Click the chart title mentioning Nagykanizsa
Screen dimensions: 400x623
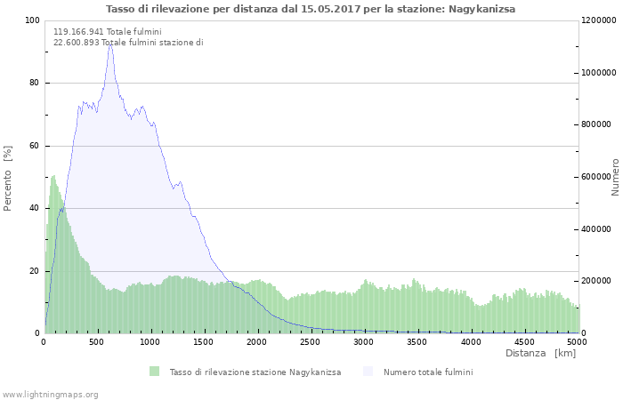click(x=310, y=9)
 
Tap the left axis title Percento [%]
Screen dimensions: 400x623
click(x=8, y=177)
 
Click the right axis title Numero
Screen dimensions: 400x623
click(x=614, y=177)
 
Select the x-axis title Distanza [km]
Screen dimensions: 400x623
click(x=540, y=353)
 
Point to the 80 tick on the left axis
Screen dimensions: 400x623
click(x=34, y=84)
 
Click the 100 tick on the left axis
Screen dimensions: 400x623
click(x=32, y=20)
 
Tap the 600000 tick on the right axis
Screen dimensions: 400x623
click(x=596, y=177)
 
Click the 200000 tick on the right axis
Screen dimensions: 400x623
click(x=596, y=281)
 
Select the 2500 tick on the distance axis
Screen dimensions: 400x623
click(x=311, y=341)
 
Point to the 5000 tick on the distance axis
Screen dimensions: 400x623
click(x=577, y=341)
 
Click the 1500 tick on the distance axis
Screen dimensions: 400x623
click(x=204, y=341)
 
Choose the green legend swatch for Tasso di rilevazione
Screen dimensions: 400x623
click(x=154, y=372)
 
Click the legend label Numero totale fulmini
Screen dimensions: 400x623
click(x=428, y=372)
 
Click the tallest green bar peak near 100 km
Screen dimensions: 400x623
click(x=53, y=176)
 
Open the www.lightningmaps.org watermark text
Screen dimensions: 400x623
click(x=50, y=394)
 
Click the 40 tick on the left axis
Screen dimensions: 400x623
click(x=34, y=208)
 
